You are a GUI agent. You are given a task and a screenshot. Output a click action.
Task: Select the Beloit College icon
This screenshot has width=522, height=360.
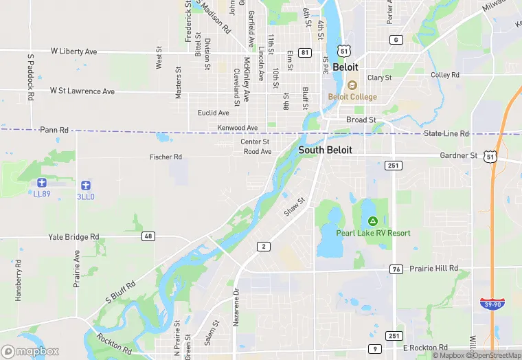coord(352,85)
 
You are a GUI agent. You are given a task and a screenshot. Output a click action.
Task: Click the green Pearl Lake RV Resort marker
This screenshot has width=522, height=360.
coord(373,221)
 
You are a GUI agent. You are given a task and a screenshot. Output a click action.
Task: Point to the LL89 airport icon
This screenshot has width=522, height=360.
coord(41,183)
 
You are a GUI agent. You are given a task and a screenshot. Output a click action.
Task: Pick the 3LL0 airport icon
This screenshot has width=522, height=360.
coord(85,185)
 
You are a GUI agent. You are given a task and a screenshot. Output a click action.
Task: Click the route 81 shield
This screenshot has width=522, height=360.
coord(305,52)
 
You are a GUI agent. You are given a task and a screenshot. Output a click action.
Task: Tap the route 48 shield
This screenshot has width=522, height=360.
coord(148,236)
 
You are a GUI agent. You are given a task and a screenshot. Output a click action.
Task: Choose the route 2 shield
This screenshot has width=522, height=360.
coord(263,246)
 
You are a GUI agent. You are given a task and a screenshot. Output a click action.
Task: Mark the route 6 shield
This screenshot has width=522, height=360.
coord(396,39)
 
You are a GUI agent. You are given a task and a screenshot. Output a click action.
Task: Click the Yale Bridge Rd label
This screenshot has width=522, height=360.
coord(73,237)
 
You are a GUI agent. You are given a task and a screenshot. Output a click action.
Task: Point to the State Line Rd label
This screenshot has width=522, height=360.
coord(446,133)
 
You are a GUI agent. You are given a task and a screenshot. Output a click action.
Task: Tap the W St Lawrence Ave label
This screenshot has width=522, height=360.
coord(82,91)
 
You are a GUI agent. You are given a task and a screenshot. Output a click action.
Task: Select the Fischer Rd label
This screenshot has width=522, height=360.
coord(166,157)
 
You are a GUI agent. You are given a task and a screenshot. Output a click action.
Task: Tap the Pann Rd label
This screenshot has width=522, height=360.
coord(54,129)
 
